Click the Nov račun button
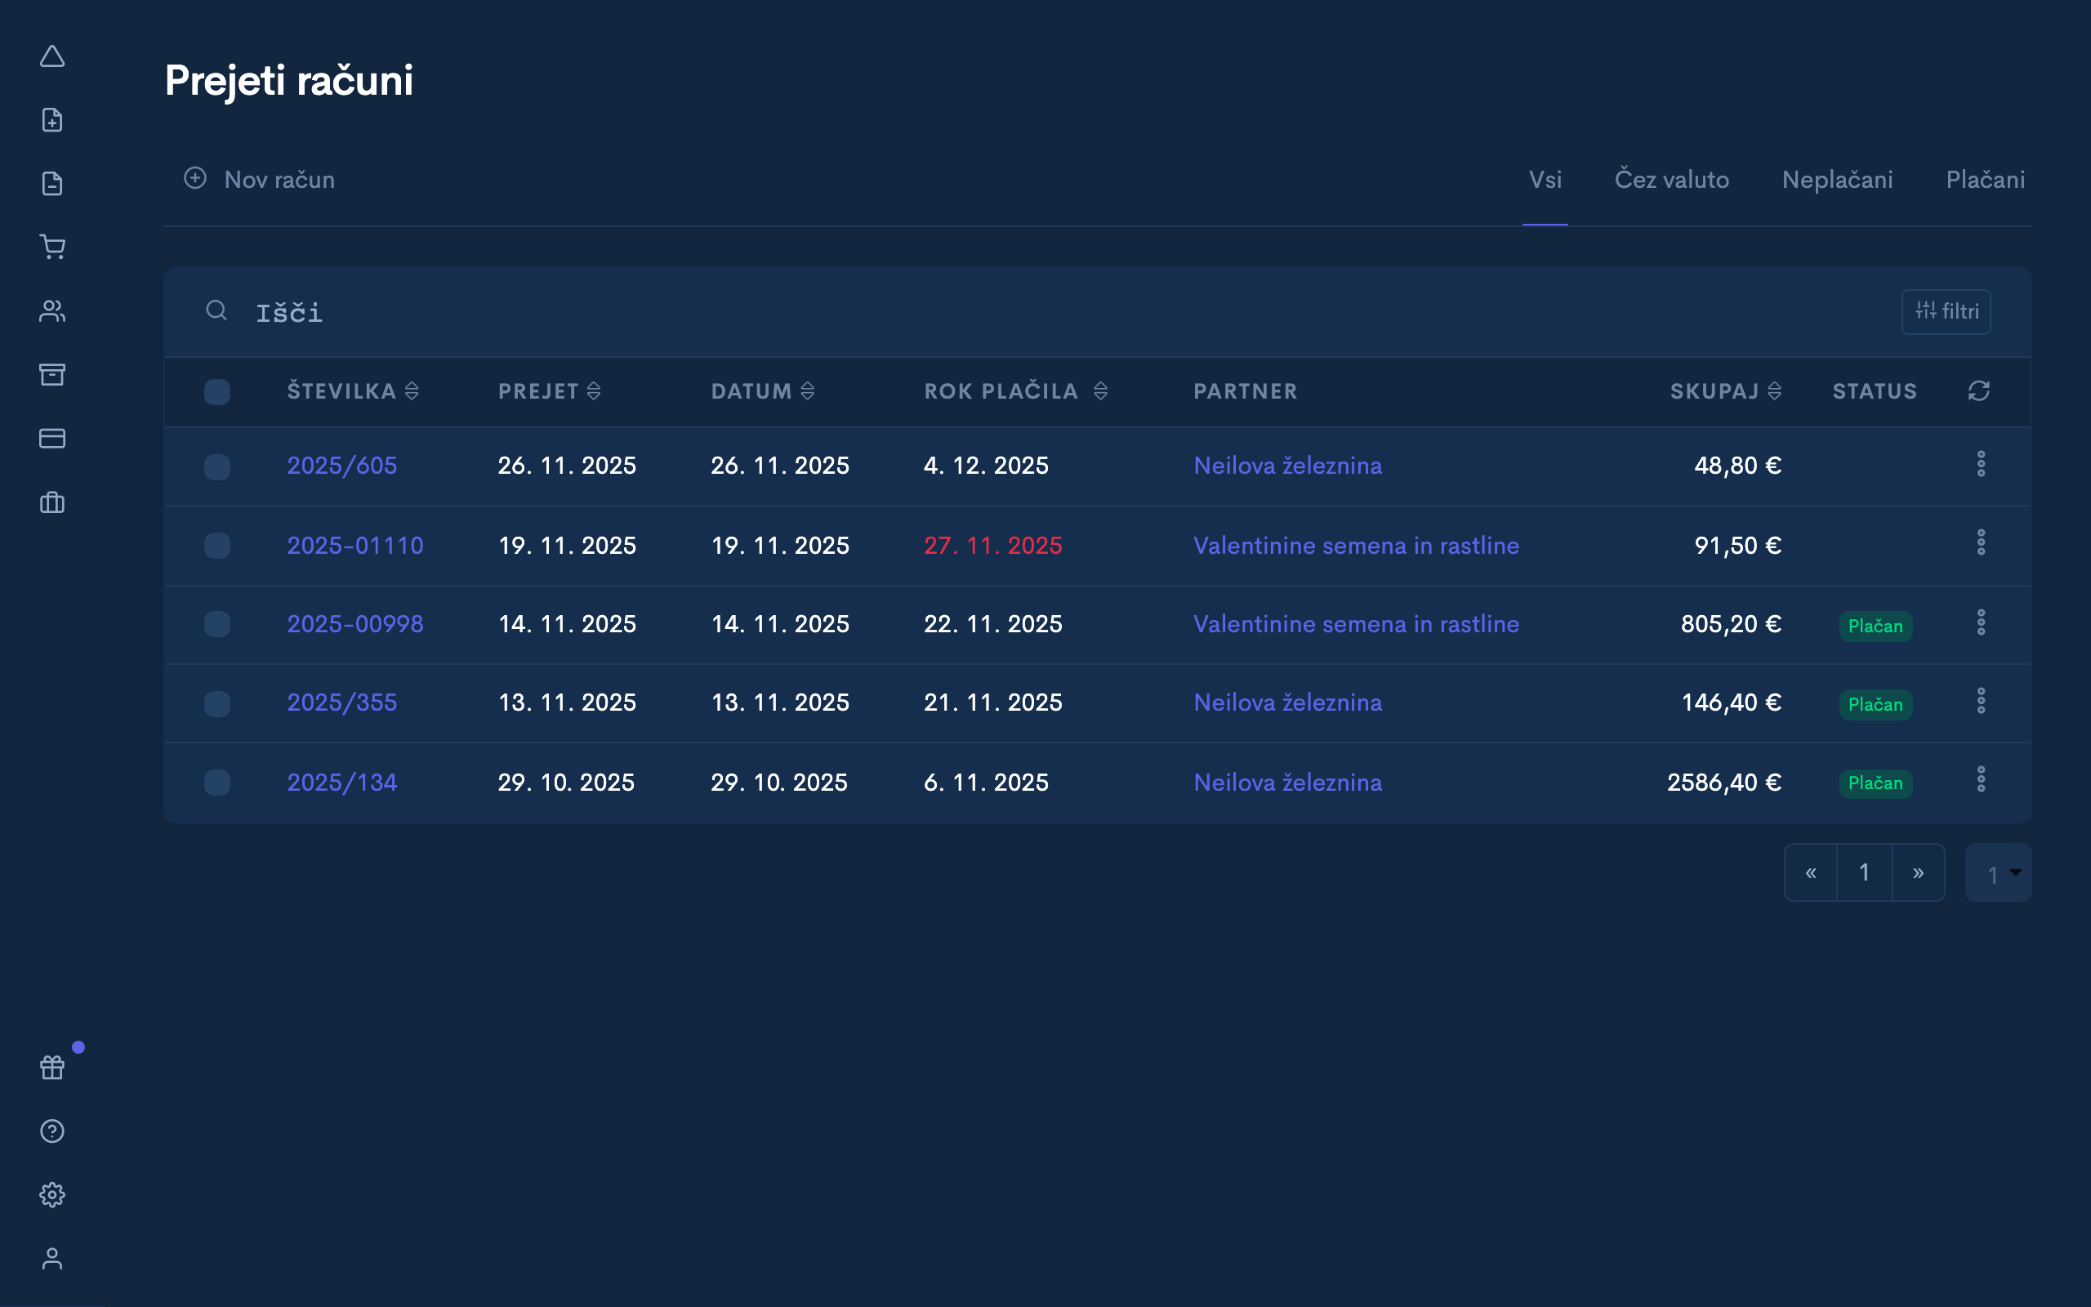pos(259,180)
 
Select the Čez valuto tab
pos(1671,180)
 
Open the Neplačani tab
pos(1837,180)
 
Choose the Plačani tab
pos(1985,180)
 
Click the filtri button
pos(1946,311)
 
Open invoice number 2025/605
pos(342,466)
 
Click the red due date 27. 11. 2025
pos(992,546)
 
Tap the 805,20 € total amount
pos(1730,624)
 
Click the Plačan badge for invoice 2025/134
pos(1875,783)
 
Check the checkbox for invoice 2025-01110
pos(217,546)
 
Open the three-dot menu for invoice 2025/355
pos(1981,701)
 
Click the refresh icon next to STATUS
pos(1978,391)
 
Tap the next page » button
pos(1918,873)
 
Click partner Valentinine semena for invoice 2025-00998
pos(1356,624)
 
